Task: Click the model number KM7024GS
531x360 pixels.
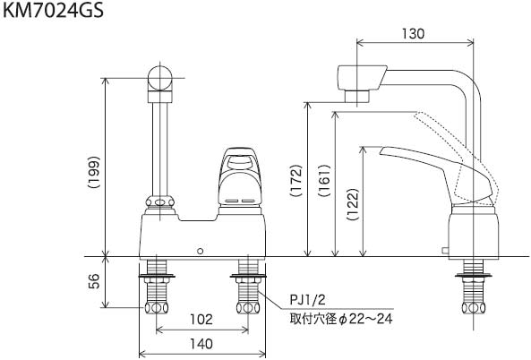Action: pos(53,11)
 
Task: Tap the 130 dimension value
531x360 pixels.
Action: pos(413,34)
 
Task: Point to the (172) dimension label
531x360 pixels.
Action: pos(295,181)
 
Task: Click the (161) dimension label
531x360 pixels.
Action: pos(324,181)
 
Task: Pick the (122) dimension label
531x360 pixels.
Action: pos(353,204)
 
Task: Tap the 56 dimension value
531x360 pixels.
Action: pos(95,281)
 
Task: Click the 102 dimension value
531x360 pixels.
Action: pos(201,319)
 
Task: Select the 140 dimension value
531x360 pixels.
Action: pos(201,344)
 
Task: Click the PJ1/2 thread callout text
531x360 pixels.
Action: pos(307,299)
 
